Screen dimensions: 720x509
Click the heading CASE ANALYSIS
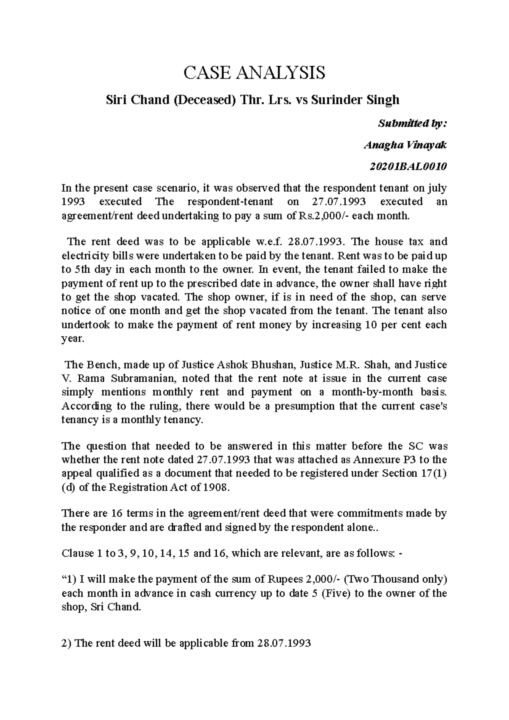point(254,73)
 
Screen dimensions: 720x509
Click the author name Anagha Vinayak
point(405,145)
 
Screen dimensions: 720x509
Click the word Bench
point(95,365)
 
